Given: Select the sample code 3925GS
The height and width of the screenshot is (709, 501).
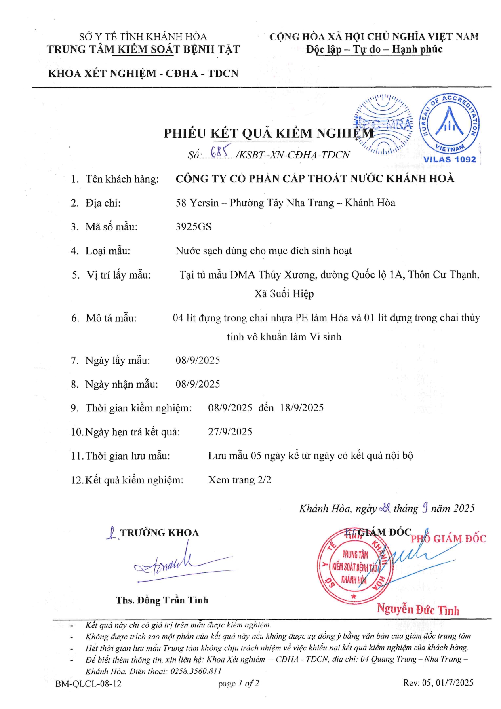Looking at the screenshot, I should [194, 227].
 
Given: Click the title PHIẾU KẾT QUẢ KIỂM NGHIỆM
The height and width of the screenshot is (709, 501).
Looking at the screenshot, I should [269, 133].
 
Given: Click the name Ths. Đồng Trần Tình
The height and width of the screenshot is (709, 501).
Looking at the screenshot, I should [162, 600].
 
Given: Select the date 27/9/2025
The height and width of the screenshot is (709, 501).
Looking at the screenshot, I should [230, 432].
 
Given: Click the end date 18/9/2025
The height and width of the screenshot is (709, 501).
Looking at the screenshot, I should [302, 407].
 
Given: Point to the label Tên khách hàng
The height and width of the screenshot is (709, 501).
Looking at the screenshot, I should [122, 179].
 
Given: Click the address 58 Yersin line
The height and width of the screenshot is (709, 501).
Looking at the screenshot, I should [285, 203].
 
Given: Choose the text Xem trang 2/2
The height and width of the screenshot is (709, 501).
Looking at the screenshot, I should [240, 480].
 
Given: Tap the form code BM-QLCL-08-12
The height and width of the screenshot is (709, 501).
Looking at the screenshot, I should [88, 683].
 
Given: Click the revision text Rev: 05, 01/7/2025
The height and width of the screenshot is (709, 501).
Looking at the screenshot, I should [438, 683].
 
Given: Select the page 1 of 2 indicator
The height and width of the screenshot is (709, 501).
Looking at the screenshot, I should [238, 683].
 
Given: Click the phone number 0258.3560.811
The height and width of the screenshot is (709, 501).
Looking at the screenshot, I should [196, 671].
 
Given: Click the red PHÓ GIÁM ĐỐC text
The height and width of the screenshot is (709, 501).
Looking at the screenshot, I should [448, 539].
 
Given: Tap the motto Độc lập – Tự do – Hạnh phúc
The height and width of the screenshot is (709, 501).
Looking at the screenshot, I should [374, 49].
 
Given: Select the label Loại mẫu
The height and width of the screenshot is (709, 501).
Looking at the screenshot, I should [108, 251].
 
